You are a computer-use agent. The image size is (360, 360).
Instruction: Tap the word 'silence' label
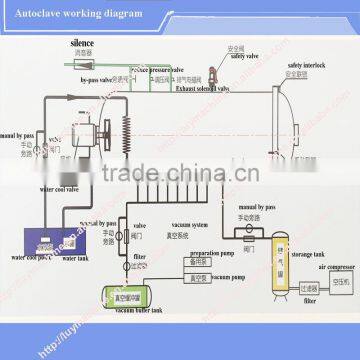111,44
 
